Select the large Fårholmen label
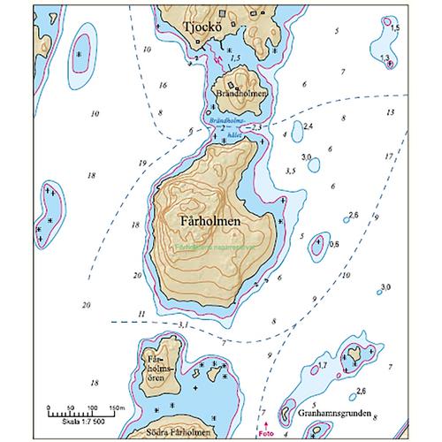pos(203,219)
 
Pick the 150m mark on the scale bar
pos(114,407)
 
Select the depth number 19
pos(142,164)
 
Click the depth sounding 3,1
pos(183,325)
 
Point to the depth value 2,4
pos(308,127)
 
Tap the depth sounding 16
pos(163,85)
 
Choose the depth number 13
pos(391,112)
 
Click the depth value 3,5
pos(291,170)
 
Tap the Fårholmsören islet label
pos(156,366)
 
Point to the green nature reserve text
pos(202,247)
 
